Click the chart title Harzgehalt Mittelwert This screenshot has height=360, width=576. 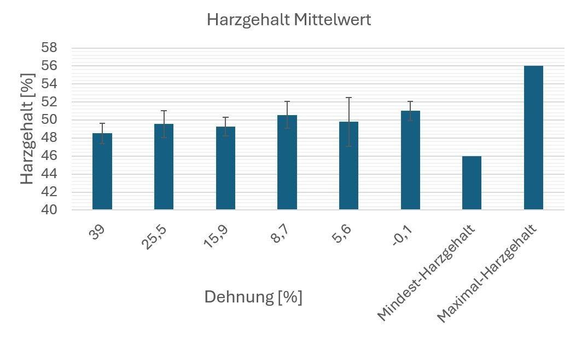point(289,20)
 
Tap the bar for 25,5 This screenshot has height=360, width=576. point(164,167)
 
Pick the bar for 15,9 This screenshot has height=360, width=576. point(225,168)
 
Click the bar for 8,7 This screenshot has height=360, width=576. point(287,163)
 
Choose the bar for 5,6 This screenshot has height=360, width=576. point(348,166)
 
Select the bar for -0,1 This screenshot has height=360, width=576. point(410,161)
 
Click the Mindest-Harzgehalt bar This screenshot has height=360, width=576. point(472,183)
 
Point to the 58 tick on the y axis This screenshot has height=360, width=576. point(49,48)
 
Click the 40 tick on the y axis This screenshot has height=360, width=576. point(49,210)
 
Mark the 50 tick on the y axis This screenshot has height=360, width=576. point(49,120)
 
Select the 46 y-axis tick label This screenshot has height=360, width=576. point(49,156)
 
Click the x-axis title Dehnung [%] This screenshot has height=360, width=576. point(253,297)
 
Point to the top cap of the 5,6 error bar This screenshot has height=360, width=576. point(348,98)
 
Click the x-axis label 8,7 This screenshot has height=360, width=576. point(282,233)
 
